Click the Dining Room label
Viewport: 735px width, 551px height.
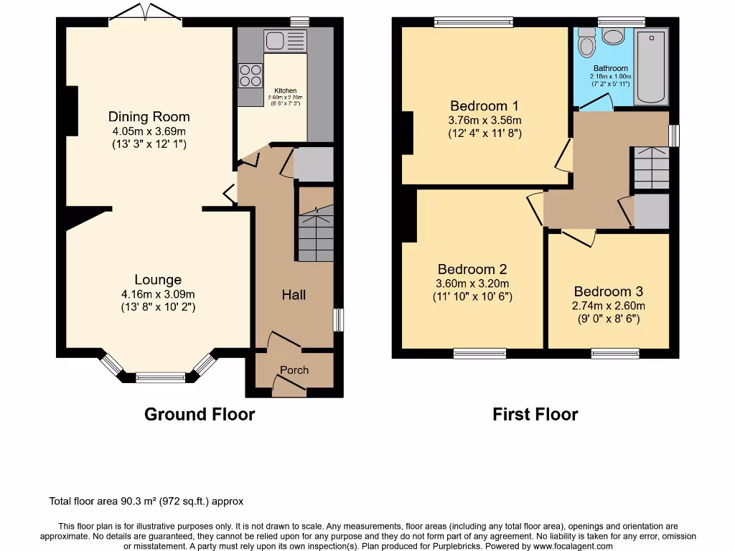(149, 117)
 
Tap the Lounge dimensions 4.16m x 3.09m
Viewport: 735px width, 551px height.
(158, 293)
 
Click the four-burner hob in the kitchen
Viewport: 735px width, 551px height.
(250, 75)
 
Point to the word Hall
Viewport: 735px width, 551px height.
(294, 295)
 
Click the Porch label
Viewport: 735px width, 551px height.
(294, 370)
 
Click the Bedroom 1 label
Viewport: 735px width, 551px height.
(484, 105)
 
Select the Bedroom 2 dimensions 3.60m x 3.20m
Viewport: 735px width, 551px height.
(472, 283)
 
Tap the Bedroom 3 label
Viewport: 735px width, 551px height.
(608, 291)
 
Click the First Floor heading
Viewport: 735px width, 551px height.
(535, 414)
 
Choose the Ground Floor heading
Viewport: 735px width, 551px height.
(200, 414)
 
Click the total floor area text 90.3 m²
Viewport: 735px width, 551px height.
(151, 501)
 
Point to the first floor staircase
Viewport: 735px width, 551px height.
(652, 168)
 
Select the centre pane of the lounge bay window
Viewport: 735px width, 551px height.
(161, 377)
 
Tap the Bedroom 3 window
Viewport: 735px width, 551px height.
(615, 353)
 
